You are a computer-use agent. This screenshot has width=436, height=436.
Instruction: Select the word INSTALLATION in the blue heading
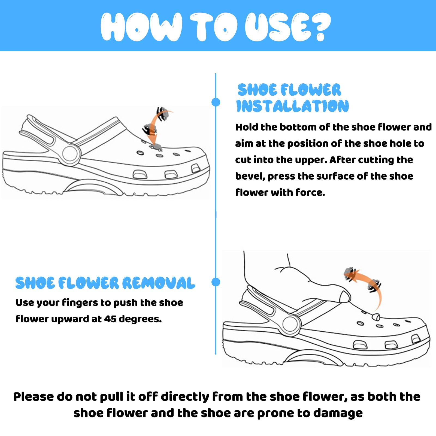(x=292, y=106)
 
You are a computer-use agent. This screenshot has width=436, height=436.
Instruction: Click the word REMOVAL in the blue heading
(x=159, y=283)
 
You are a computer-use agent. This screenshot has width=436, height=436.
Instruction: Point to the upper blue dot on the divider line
(x=216, y=102)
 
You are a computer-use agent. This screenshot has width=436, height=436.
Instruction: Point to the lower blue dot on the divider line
(x=216, y=282)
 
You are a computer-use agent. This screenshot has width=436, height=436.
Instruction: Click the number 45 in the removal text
(x=110, y=319)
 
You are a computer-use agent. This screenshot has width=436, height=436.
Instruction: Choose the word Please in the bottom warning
(x=34, y=397)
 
